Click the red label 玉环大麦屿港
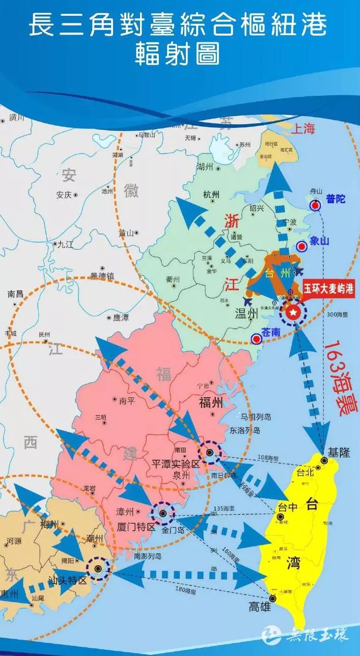328,288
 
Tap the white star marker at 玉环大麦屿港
293,313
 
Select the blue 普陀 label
336,199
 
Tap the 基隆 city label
339,452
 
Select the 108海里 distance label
268,457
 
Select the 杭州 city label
211,195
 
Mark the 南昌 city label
15,294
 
